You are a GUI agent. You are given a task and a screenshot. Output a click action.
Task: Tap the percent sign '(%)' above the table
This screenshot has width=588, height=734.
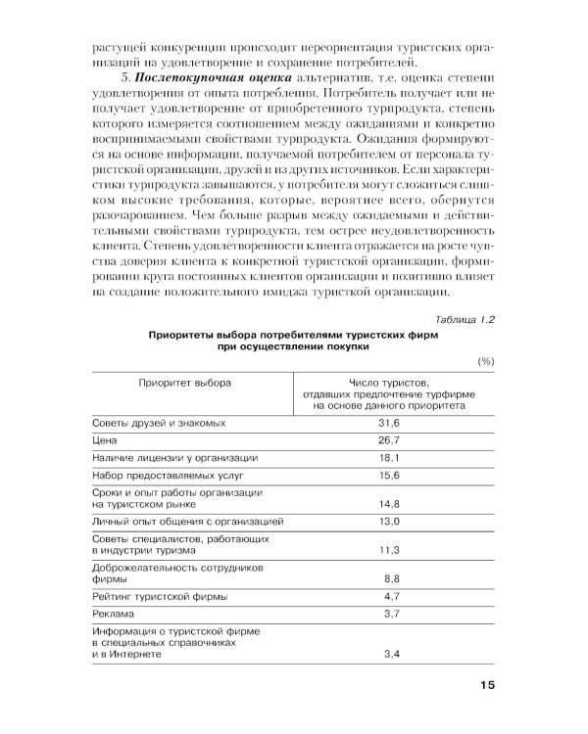coord(484,362)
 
